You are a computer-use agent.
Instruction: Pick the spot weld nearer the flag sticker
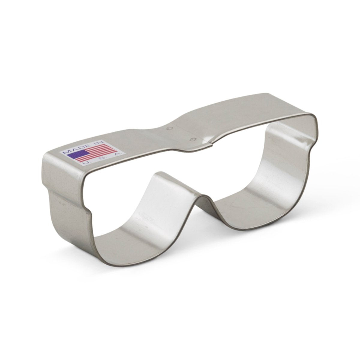(169, 128)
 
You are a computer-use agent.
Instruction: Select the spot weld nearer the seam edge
(193, 139)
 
